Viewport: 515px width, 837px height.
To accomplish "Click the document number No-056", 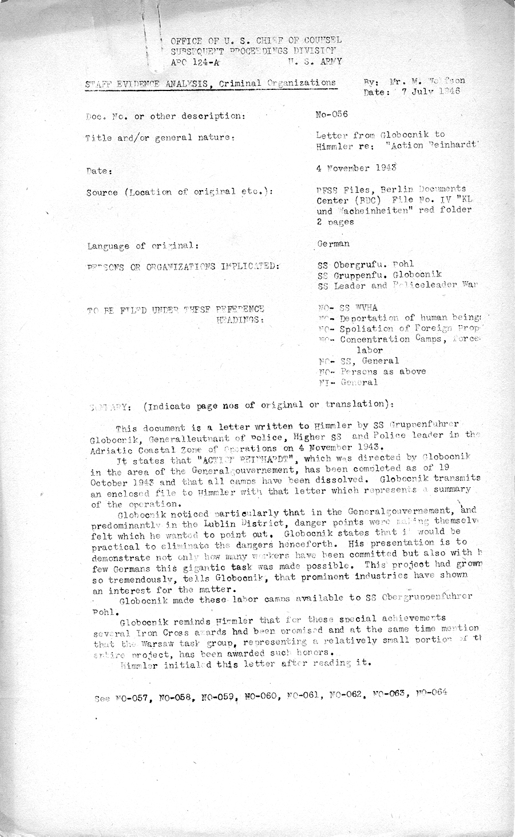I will point(332,115).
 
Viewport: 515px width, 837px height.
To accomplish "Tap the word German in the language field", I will point(333,243).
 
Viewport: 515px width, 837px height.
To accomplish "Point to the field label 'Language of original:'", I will point(143,246).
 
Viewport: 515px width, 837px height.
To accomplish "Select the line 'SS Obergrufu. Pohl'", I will point(366,265).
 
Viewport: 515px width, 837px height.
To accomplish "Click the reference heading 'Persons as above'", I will point(383,371).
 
